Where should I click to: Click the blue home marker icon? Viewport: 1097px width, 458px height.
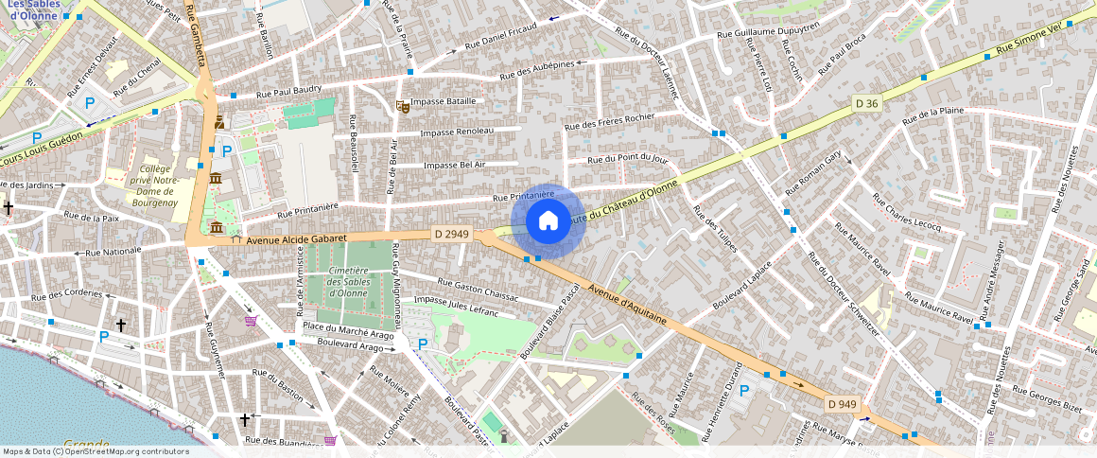pos(548,221)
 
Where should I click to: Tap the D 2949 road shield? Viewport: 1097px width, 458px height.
pos(451,233)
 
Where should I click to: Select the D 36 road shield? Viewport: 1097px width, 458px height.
pos(866,102)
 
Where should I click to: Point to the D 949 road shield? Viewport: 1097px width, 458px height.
pos(842,404)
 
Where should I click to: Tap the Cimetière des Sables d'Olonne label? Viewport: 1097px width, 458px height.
pos(346,281)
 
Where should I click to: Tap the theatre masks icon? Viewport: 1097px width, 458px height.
pos(403,107)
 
